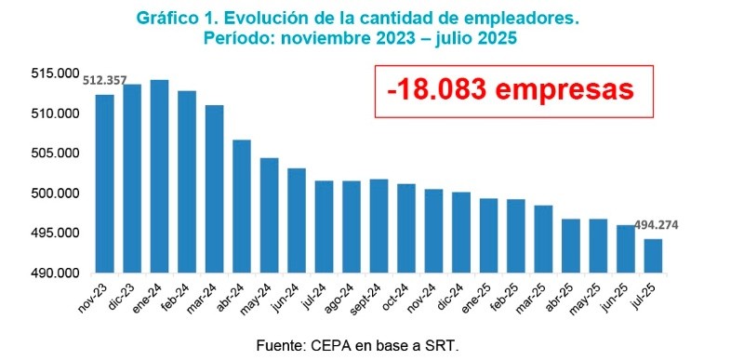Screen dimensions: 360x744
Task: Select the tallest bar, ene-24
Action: [x=160, y=176]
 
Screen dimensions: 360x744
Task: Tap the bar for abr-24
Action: [x=242, y=206]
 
